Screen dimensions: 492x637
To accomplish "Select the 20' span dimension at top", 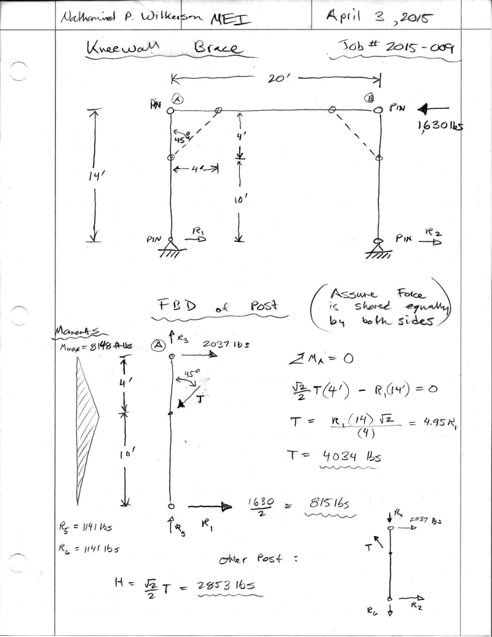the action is (x=276, y=78).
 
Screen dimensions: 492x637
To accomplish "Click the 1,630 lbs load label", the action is (x=439, y=126).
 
